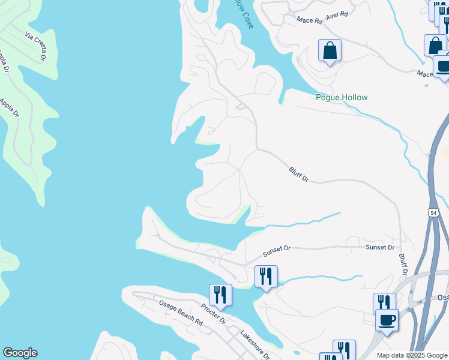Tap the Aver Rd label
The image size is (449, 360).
tap(337, 16)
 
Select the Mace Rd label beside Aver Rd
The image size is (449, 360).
tap(310, 20)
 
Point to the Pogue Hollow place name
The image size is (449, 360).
tap(342, 97)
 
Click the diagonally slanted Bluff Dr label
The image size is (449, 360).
tap(298, 175)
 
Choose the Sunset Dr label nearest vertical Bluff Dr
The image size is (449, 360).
tap(381, 247)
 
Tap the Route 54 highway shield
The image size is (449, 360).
tap(433, 212)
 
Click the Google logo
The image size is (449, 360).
tap(20, 353)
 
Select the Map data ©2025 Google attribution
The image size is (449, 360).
tap(412, 355)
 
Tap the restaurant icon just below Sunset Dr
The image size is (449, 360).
tap(266, 276)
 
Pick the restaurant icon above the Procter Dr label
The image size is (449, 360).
tap(220, 295)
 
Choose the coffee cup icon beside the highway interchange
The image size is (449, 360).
tap(387, 320)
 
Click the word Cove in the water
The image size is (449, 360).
tap(246, 17)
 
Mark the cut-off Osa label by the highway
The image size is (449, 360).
tap(443, 298)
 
